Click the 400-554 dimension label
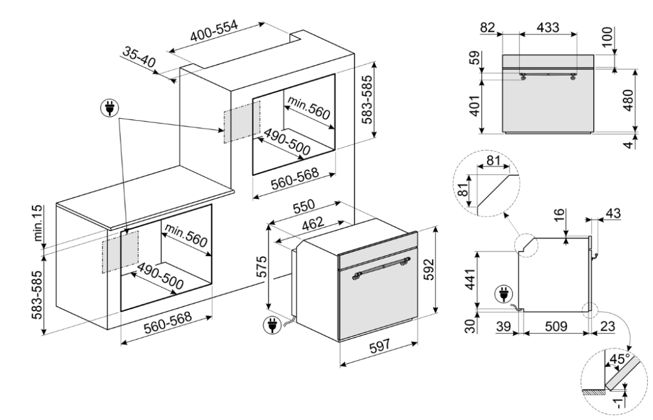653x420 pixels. coord(214,31)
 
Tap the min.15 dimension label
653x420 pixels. coord(38,223)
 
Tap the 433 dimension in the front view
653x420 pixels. coord(548,27)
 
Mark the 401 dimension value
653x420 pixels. coord(474,106)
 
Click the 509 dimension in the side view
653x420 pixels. coord(556,327)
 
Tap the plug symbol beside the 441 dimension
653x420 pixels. coord(504,294)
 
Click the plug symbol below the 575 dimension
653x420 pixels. coord(272,325)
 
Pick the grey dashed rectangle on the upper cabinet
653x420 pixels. coord(242,121)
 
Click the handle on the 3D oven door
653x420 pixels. coord(382,267)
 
